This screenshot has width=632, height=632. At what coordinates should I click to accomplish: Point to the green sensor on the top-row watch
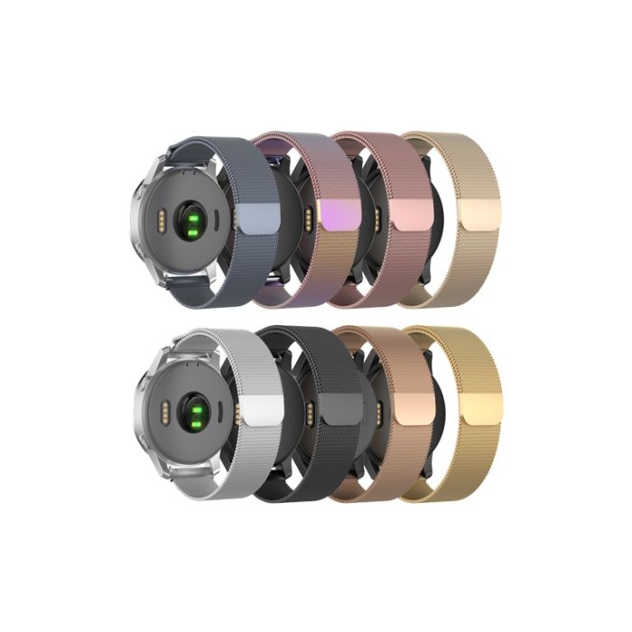click(x=191, y=219)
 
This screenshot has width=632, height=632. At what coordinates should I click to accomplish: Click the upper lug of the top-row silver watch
click(x=185, y=160)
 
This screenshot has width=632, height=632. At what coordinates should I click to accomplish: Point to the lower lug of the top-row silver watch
click(x=185, y=280)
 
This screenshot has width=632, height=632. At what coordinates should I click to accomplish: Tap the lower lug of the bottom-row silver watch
click(x=185, y=474)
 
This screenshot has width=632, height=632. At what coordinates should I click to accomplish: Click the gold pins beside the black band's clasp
click(x=311, y=412)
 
